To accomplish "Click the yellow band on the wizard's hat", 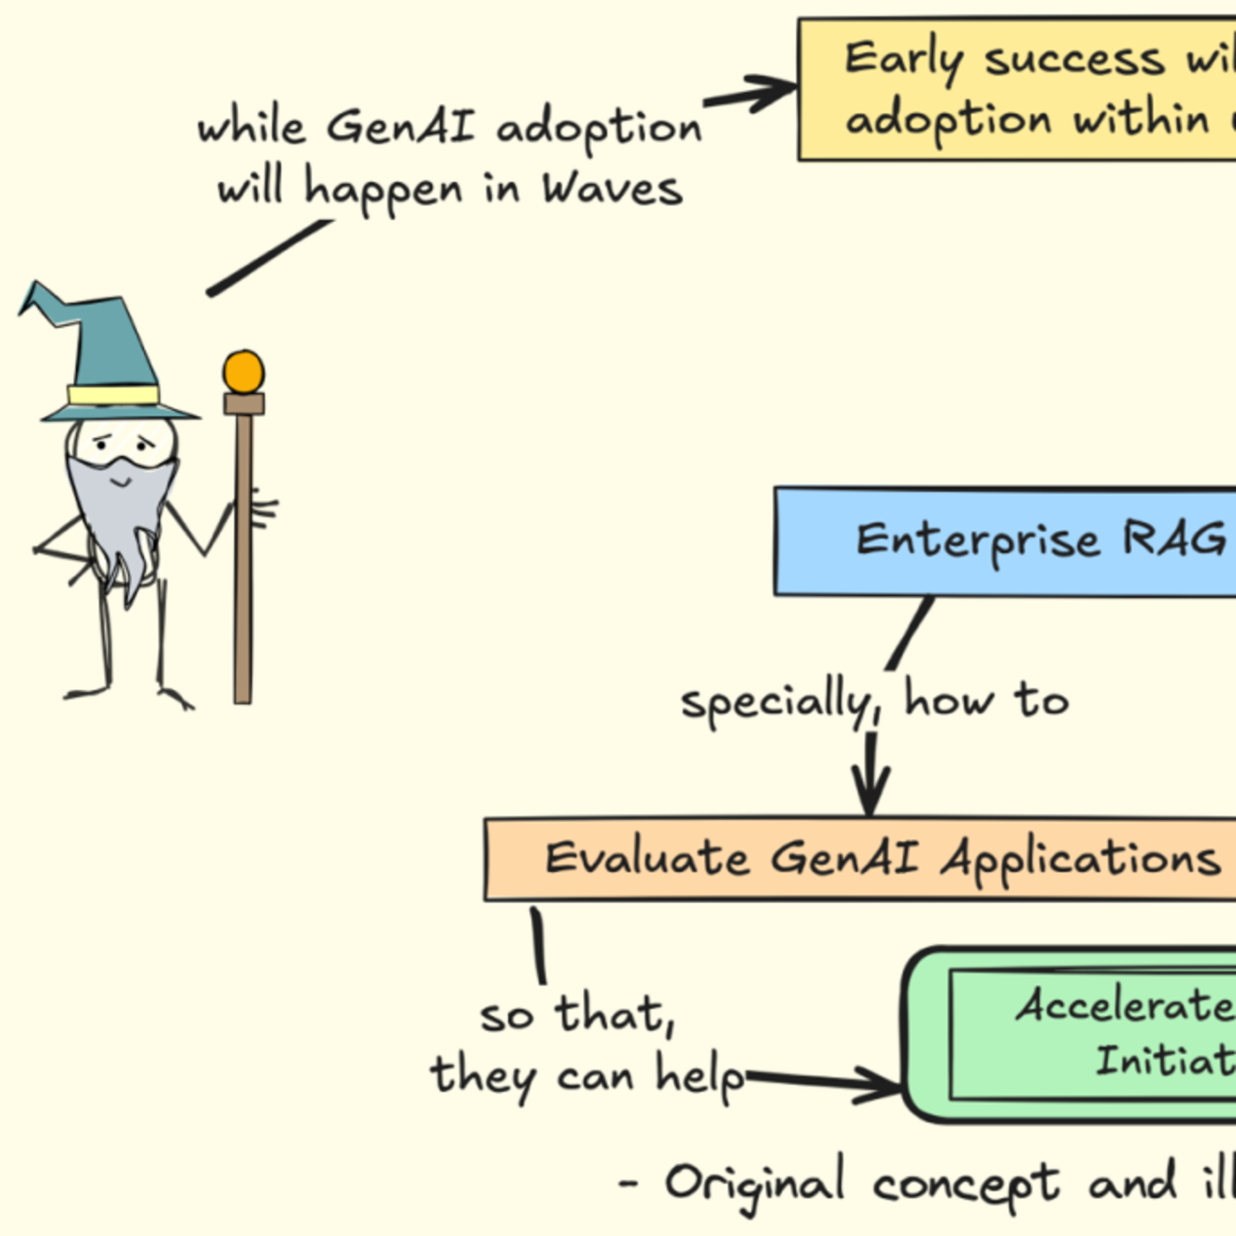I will coord(113,395).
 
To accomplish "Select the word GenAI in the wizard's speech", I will coord(401,126).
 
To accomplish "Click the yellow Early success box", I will coord(1017,89).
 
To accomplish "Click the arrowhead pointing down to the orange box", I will coord(870,793).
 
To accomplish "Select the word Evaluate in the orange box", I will coord(646,859).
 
